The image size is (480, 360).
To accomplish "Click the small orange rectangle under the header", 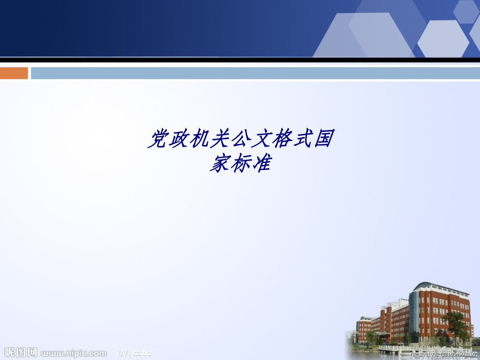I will pos(14,73).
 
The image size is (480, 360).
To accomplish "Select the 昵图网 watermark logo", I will pos(21,353).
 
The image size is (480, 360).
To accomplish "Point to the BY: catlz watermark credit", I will pos(135,353).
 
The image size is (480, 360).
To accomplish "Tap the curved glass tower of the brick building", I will pos(415,313).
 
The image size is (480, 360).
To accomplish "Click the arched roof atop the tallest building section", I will pos(425,286).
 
